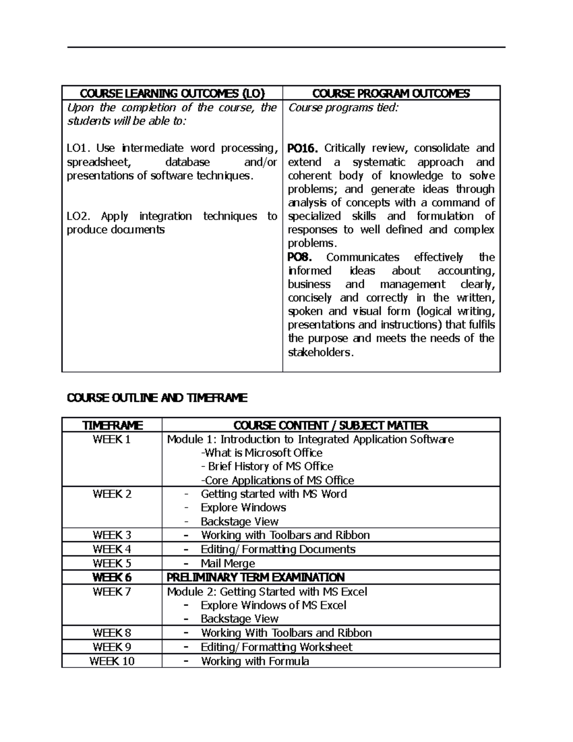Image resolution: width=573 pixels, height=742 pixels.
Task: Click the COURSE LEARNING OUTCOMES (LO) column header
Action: tap(172, 93)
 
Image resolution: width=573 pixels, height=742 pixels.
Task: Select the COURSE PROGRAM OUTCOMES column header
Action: tap(391, 93)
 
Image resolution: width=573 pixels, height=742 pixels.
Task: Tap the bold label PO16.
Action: tap(302, 148)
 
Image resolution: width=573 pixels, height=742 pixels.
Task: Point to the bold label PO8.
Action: tap(299, 257)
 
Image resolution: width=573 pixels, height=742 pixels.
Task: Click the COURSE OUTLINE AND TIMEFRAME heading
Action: tap(157, 398)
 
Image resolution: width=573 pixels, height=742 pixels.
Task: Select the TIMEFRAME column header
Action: tap(112, 425)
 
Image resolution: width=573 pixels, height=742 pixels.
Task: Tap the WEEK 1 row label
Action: tap(112, 440)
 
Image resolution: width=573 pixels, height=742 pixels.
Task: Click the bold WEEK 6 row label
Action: tap(112, 577)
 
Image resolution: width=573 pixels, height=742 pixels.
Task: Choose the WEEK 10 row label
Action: tap(112, 661)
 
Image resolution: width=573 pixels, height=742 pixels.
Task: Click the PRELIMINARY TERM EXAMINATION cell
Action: tap(255, 577)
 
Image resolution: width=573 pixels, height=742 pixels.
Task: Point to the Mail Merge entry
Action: tap(228, 563)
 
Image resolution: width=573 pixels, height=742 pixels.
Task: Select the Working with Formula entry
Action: tap(255, 661)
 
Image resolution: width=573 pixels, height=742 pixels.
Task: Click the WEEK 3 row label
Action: tap(112, 535)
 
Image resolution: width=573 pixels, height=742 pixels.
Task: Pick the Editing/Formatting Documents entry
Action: tap(278, 549)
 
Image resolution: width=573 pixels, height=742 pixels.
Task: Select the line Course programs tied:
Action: tap(343, 108)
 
